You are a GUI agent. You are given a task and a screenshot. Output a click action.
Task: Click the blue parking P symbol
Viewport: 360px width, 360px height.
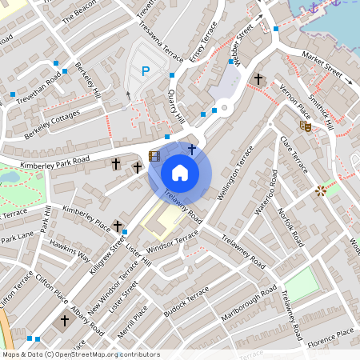(145, 72)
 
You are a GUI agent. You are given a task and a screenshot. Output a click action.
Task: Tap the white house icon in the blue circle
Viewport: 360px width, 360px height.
(180, 172)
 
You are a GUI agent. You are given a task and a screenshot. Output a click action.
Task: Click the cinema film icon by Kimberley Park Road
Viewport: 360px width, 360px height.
(154, 157)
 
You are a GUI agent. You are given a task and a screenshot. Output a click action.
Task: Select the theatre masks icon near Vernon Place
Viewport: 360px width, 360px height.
(305, 126)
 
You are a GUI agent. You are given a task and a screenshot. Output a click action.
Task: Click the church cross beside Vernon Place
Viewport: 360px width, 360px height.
(258, 78)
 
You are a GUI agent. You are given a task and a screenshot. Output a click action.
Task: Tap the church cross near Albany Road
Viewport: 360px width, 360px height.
(65, 319)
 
